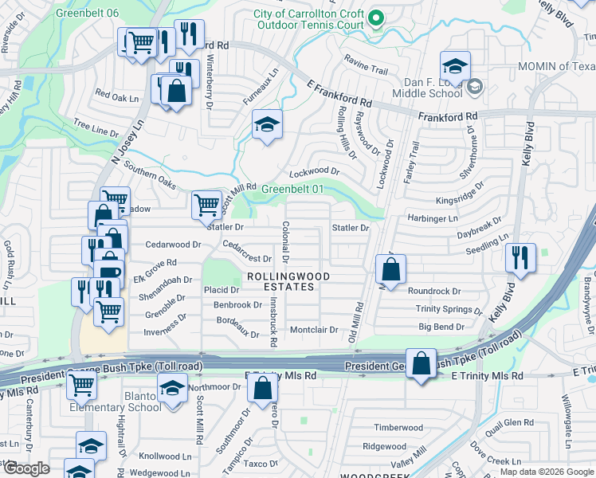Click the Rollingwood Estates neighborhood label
286,281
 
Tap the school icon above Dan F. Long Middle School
455,66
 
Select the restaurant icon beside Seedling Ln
520,258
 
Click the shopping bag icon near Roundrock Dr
390,270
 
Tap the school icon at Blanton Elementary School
171,390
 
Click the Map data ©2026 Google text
546,471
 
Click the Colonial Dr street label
284,242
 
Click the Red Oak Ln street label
117,96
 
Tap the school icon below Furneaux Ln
267,124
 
